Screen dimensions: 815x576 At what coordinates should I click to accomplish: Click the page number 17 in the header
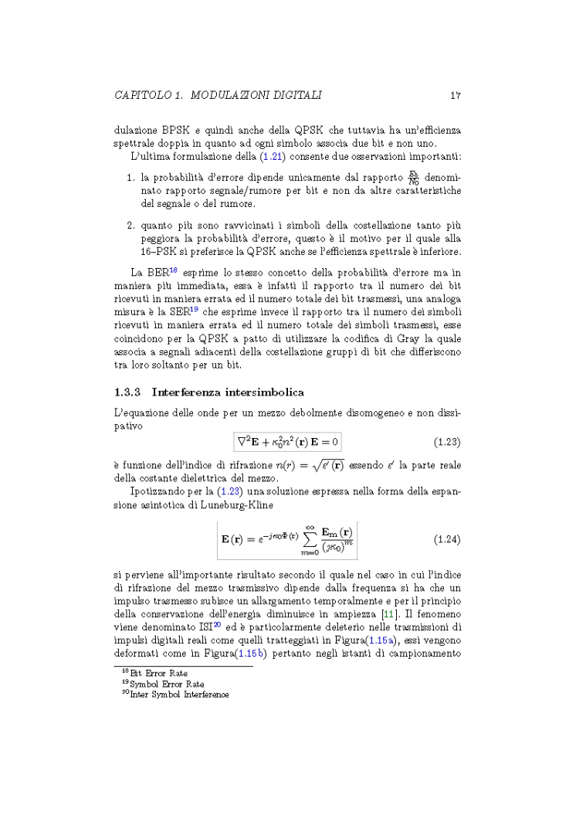456,96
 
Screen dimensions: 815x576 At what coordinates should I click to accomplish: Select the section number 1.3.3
127,392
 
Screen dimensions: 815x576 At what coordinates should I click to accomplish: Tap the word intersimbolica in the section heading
261,392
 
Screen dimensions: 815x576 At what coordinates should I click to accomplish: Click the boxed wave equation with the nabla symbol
288,442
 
